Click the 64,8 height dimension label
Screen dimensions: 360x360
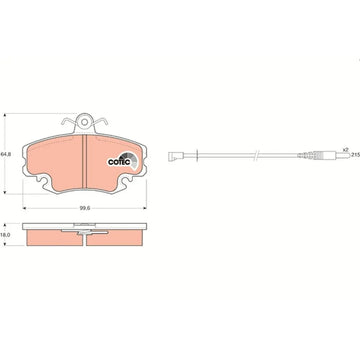[4, 154]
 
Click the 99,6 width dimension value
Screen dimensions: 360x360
[84, 208]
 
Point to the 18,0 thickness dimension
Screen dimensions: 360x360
[4, 235]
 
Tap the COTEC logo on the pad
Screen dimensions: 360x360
[122, 160]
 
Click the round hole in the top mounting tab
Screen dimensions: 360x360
[85, 122]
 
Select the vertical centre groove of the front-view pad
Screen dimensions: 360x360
[85, 161]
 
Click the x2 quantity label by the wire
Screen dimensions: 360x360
[345, 149]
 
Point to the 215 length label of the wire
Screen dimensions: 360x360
[356, 155]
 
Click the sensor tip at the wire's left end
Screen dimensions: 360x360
[172, 156]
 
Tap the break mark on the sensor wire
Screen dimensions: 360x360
[256, 155]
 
